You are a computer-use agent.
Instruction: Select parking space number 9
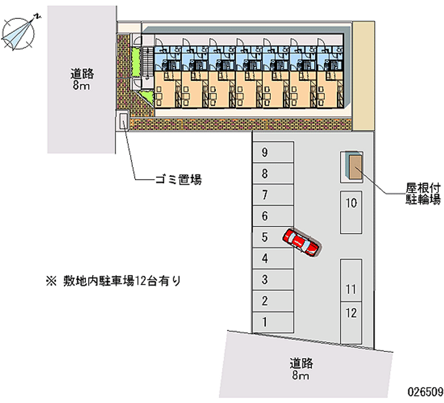click(x=273, y=152)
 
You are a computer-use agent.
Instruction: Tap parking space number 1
click(x=273, y=322)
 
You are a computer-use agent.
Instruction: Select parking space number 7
click(x=273, y=195)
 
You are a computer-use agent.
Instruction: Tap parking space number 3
click(x=273, y=279)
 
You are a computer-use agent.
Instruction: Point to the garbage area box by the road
click(x=123, y=120)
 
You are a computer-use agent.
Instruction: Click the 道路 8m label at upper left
click(x=82, y=79)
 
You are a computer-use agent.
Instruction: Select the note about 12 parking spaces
click(x=114, y=281)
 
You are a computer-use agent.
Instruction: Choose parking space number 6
click(x=273, y=216)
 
